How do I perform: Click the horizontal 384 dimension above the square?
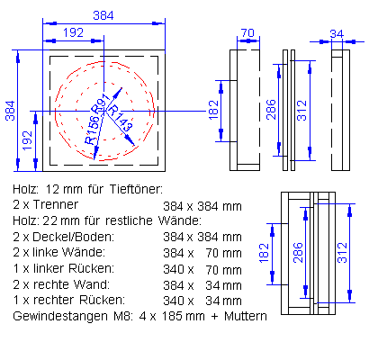[x=104, y=14]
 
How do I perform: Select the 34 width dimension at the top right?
[x=337, y=33]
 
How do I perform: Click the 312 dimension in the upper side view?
[x=301, y=109]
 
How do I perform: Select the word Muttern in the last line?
[x=244, y=317]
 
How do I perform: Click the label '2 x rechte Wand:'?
[x=54, y=284]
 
